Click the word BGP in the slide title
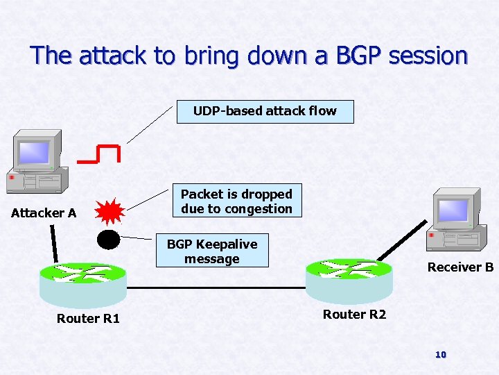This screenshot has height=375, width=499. pyautogui.click(x=354, y=56)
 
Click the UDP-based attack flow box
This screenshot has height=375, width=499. pyautogui.click(x=265, y=111)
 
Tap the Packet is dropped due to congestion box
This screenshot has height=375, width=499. pyautogui.click(x=236, y=201)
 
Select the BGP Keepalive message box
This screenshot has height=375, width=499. pyautogui.click(x=212, y=251)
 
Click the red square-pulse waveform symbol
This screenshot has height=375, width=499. pyautogui.click(x=99, y=153)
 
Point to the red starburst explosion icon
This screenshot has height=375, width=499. pyautogui.click(x=108, y=211)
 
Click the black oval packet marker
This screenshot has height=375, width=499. pyautogui.click(x=108, y=239)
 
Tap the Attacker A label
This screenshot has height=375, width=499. pyautogui.click(x=44, y=213)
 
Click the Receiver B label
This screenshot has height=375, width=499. pyautogui.click(x=460, y=267)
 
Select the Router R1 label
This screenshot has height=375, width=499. pyautogui.click(x=88, y=319)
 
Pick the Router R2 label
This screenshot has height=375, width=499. pyautogui.click(x=354, y=315)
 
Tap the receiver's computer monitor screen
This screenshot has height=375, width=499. pyautogui.click(x=454, y=209)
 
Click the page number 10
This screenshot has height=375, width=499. pyautogui.click(x=440, y=355)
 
